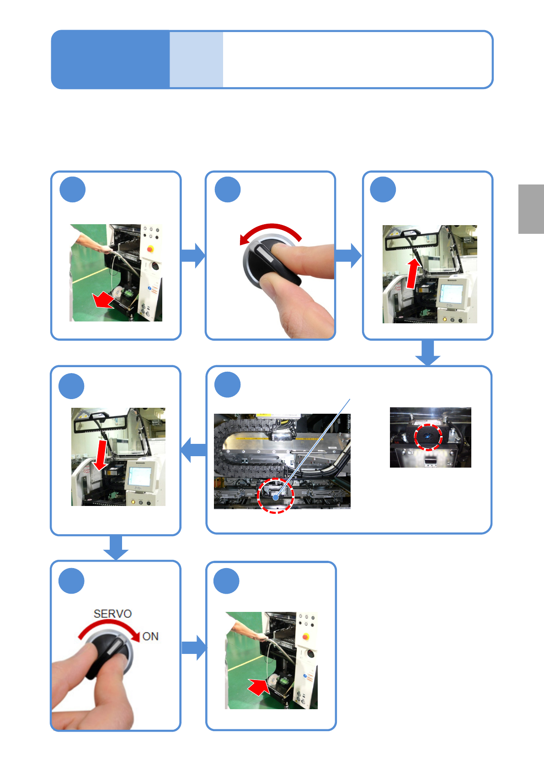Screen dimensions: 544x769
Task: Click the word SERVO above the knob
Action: (x=112, y=614)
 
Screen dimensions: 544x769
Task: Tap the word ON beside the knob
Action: (x=150, y=637)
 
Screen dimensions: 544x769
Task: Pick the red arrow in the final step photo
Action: (x=259, y=686)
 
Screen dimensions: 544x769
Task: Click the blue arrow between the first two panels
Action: (x=193, y=255)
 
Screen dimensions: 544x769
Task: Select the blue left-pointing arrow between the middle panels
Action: (x=193, y=450)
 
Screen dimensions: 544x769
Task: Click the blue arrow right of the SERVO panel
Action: (x=194, y=648)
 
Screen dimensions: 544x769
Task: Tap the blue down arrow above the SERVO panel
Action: (x=116, y=547)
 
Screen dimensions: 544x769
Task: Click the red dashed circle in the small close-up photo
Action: (x=428, y=437)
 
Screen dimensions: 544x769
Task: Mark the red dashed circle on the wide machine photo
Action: (x=275, y=496)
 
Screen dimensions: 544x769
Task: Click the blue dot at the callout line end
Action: (x=276, y=497)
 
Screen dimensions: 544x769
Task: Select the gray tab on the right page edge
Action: (x=531, y=209)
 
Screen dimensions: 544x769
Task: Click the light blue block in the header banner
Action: (x=196, y=59)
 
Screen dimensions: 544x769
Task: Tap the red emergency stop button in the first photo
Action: (x=150, y=249)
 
